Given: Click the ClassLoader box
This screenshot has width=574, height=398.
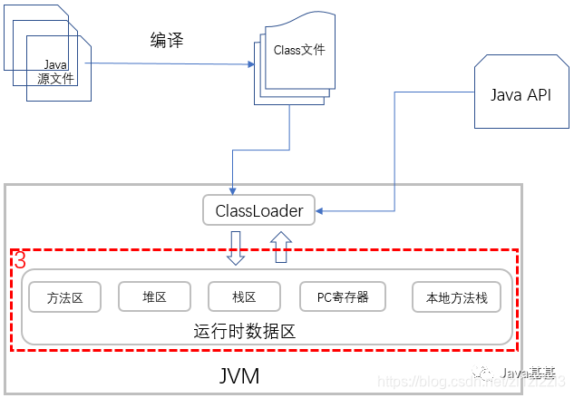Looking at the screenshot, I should pos(258,211).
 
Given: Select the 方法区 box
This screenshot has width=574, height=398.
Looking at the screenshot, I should pos(64,297).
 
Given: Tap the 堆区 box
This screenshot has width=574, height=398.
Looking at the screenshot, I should pos(154,296).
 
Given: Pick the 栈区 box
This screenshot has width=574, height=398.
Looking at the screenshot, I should pos(244,296).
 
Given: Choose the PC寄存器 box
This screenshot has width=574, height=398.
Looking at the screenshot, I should pos(342,296).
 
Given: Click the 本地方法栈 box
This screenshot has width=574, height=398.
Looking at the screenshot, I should pos(455,297).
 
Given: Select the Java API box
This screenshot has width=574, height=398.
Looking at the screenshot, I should pos(520,95).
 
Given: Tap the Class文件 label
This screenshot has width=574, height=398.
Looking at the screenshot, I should pos(298,51).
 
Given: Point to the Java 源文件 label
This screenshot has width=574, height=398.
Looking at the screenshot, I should pos(56,72).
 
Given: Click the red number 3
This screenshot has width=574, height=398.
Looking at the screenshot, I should pos(20,260).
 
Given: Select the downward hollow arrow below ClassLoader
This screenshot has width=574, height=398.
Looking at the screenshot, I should pos(236,248).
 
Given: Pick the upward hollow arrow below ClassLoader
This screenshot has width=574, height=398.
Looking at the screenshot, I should pos(281,248).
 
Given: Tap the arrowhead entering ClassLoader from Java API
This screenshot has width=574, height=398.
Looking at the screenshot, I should pos(320,212).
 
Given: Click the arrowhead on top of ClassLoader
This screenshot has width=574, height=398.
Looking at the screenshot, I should pos(232,190).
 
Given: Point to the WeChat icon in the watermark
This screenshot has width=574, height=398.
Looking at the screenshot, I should pos(489,373).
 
